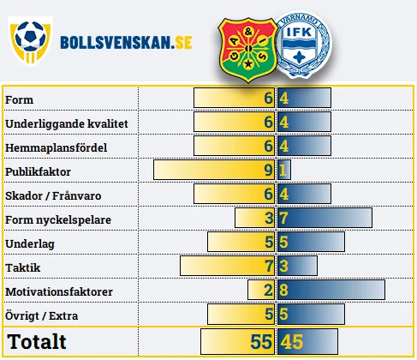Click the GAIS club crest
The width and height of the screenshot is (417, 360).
tap(247, 51)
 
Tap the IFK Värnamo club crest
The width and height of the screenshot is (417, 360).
tap(303, 45)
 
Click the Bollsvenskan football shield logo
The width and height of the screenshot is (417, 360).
tap(31, 40)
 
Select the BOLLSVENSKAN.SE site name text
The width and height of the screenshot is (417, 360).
tap(126, 43)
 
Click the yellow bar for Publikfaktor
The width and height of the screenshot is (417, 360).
tap(214, 170)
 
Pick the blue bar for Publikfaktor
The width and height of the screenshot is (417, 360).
tap(284, 170)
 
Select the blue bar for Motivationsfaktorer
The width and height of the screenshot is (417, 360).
tap(331, 290)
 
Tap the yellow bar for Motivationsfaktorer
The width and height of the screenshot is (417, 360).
tap(261, 290)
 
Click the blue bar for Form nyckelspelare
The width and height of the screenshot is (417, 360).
tap(325, 218)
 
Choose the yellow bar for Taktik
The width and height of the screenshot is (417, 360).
tap(228, 266)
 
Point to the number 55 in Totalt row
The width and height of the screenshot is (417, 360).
tap(261, 342)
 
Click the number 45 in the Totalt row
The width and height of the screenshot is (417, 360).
tap(291, 342)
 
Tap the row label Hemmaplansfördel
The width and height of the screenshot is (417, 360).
tap(57, 147)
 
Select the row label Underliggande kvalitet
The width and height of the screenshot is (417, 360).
tap(67, 123)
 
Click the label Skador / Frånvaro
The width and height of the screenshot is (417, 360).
tap(53, 195)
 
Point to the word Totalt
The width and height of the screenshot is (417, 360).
tap(37, 341)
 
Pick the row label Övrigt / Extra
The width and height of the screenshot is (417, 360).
tap(41, 315)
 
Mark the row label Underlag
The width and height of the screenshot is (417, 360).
tap(30, 244)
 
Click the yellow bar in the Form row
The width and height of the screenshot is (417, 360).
tap(235, 98)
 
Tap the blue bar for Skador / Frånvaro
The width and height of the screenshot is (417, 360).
tap(304, 194)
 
